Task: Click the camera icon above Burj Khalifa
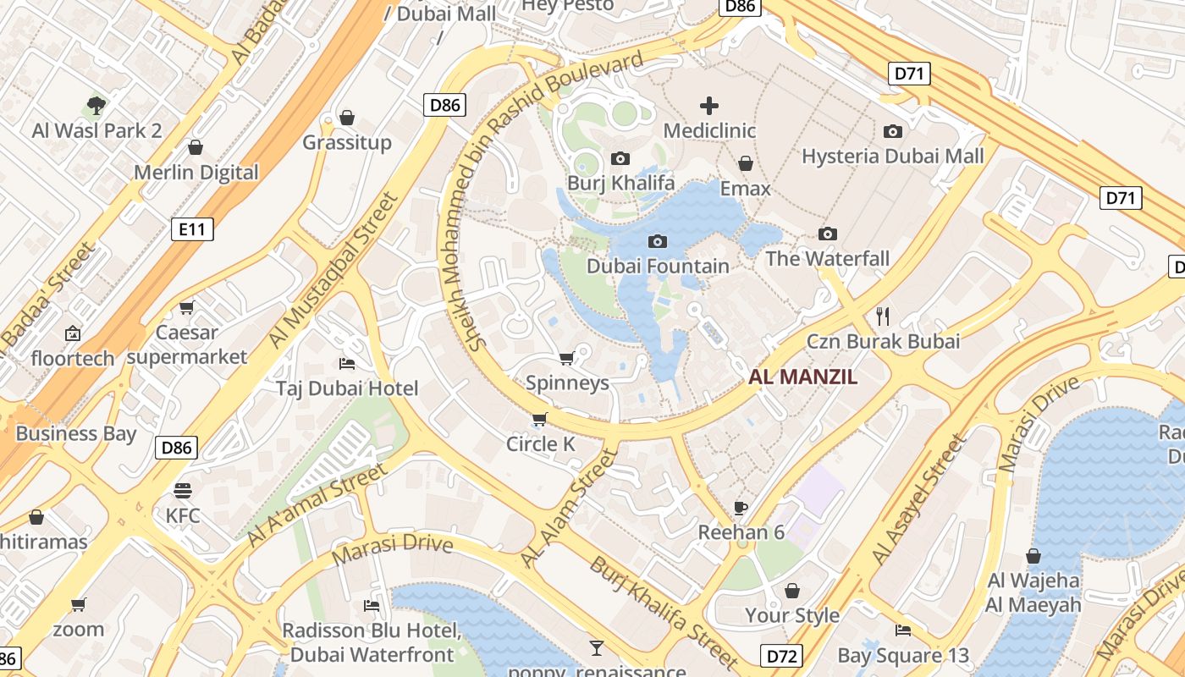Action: pos(620,158)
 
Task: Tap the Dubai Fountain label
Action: pos(658,266)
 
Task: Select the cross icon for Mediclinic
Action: pos(709,106)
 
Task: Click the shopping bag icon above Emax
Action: pos(746,163)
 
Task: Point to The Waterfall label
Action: pos(827,258)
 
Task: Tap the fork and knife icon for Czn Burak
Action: pos(883,316)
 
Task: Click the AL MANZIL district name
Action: pos(802,377)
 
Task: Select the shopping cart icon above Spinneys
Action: pos(567,358)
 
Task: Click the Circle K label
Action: pos(540,443)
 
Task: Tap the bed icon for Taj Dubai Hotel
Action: pos(347,364)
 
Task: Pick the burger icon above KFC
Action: pos(183,490)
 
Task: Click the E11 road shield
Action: pos(192,228)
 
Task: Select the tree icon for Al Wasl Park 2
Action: pos(96,106)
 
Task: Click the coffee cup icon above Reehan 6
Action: pos(741,508)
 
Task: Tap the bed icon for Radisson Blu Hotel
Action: pos(371,605)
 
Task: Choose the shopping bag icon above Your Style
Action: pos(792,590)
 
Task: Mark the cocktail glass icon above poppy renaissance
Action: pos(597,648)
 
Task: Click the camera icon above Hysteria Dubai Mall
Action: pos(892,131)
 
